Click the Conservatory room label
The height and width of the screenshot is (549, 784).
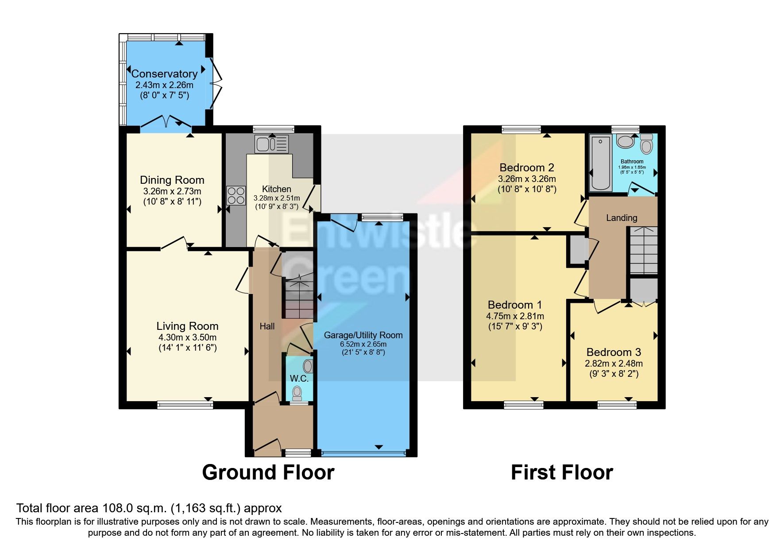tap(164, 74)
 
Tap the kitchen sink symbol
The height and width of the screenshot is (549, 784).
tap(271, 144)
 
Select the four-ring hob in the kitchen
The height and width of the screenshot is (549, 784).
tap(236, 195)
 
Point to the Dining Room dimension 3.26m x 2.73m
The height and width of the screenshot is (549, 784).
tap(172, 191)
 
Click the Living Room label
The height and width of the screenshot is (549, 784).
tap(187, 326)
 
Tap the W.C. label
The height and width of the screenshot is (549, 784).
tap(299, 379)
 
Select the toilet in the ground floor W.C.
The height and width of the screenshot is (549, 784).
tap(297, 393)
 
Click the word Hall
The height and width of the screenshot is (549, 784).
tap(267, 326)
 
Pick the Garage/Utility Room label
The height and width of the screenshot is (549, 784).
tap(363, 335)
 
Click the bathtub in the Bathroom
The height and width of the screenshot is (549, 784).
tap(600, 162)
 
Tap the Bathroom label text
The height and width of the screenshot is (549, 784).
tap(632, 162)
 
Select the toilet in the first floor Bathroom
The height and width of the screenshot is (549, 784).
tap(647, 144)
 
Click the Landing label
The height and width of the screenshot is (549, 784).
tap(622, 218)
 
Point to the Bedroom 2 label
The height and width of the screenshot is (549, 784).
tap(526, 168)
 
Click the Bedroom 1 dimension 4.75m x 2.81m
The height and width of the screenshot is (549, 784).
tap(515, 316)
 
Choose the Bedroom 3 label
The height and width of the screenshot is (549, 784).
tap(614, 352)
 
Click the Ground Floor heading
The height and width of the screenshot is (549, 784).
tap(268, 472)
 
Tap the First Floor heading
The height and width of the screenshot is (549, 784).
tap(561, 472)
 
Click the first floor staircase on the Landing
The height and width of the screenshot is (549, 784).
tap(643, 251)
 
